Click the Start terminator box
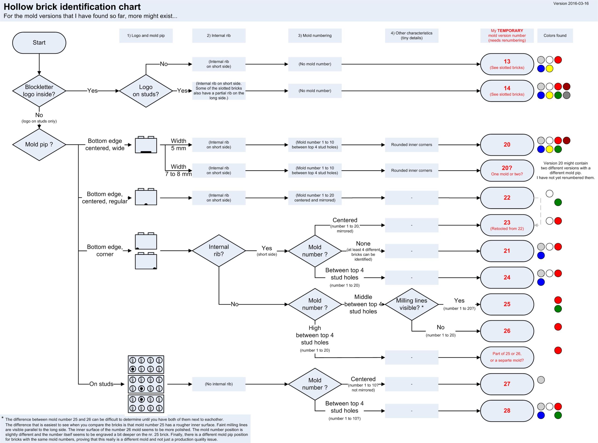pos(39,43)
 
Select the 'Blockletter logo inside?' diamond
pos(39,91)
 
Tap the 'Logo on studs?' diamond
pos(146,91)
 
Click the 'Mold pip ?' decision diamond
pos(39,145)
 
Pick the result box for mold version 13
pos(507,64)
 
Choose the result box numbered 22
pos(507,198)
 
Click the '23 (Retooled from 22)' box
pos(507,225)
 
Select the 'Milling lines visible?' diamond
pos(411,304)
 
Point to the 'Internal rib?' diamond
pos(219,250)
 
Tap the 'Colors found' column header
pos(555,35)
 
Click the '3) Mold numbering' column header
pos(315,35)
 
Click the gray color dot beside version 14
pos(566,95)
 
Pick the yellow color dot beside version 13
pos(549,69)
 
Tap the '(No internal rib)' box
pos(219,384)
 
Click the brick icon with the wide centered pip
pos(146,145)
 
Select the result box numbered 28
pos(507,411)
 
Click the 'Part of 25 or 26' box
pos(507,357)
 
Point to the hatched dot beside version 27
pos(541,380)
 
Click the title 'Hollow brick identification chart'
pos(72,7)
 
